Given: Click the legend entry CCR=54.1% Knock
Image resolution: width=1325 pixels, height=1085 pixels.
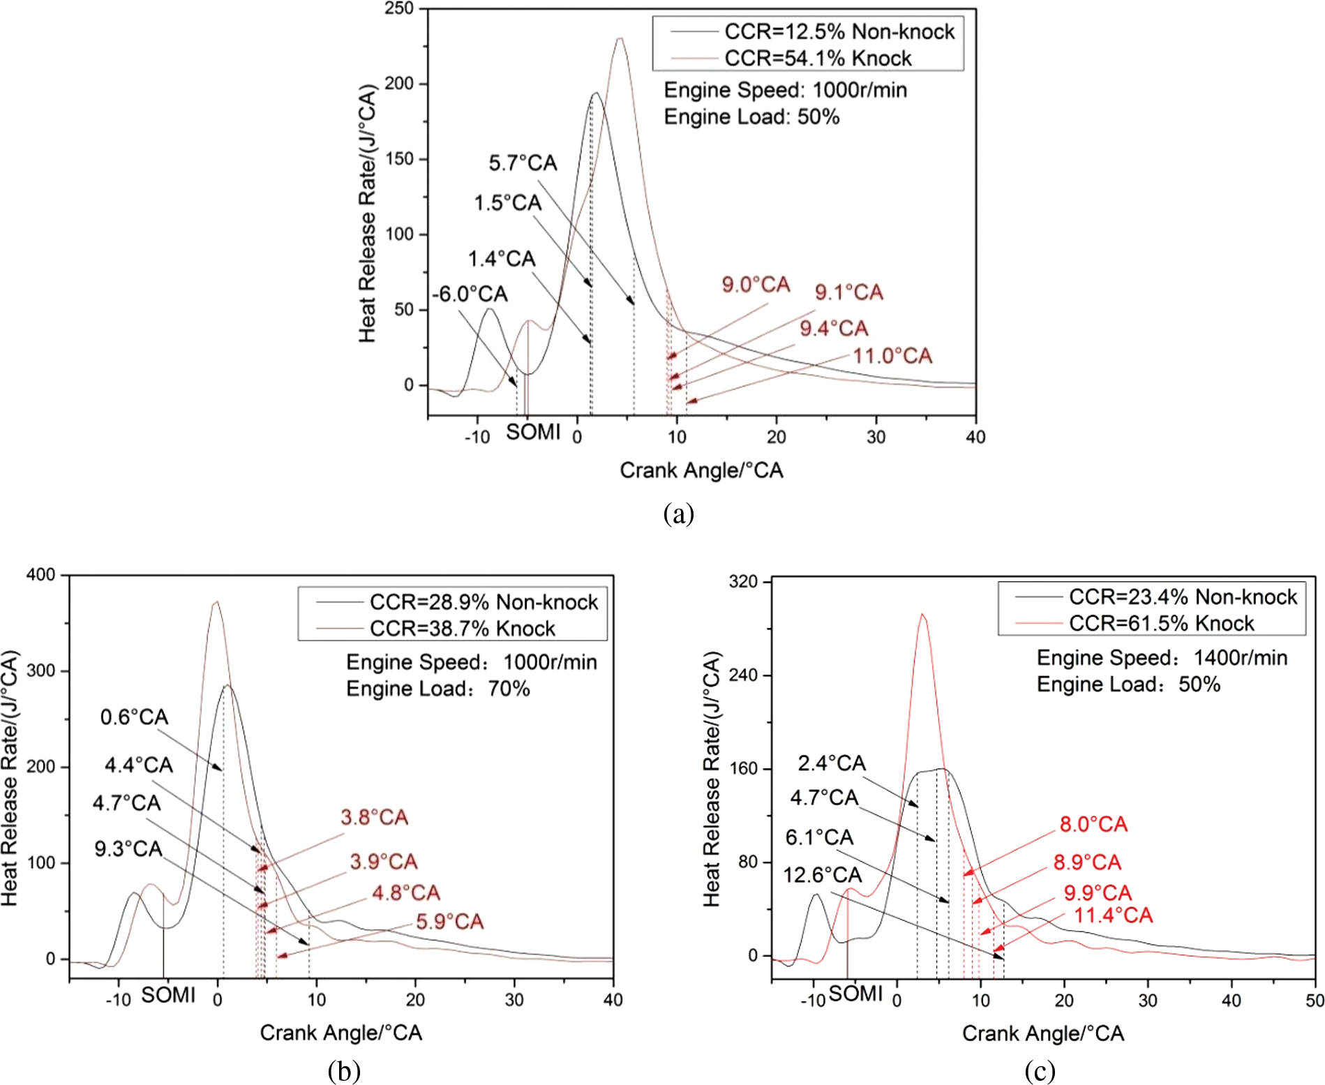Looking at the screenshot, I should [817, 58].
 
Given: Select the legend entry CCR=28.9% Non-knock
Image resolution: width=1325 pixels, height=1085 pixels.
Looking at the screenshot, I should [484, 602].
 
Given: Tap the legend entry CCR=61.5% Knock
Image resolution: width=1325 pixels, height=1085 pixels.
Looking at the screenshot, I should [1161, 623].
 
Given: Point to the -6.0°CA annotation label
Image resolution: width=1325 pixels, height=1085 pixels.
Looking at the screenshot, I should [470, 294].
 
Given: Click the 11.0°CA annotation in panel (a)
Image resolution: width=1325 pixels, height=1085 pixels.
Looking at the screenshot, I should [892, 356].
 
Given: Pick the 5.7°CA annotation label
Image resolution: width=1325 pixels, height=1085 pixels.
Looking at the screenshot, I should [523, 163].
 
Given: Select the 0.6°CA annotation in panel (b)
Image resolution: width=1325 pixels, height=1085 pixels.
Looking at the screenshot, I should [134, 717].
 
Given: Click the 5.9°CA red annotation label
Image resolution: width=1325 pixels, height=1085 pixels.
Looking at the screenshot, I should [449, 922].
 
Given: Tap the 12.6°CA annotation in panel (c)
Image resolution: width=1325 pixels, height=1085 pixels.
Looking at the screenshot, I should [822, 875].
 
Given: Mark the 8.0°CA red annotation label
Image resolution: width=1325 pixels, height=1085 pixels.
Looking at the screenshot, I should [1093, 825].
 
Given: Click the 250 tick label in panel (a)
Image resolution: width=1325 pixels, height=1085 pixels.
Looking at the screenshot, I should [399, 9].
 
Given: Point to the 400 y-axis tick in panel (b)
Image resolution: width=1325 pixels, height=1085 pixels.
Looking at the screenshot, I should [40, 575].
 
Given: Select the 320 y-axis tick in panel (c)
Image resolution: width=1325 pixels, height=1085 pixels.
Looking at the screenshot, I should [742, 581].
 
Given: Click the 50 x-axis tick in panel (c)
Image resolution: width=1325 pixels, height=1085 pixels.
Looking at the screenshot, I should [1315, 1001].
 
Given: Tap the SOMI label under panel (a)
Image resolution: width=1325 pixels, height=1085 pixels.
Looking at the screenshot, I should [533, 433].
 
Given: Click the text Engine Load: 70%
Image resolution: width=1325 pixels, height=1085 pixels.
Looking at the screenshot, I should [437, 689].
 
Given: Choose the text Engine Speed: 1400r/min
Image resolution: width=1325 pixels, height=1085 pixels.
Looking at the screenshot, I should [1162, 657].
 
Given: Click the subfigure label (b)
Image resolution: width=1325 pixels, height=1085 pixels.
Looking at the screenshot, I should [343, 1070].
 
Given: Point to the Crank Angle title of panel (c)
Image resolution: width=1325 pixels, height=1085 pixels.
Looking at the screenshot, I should [1042, 1033].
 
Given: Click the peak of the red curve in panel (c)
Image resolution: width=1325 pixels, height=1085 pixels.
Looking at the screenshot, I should [922, 615].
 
